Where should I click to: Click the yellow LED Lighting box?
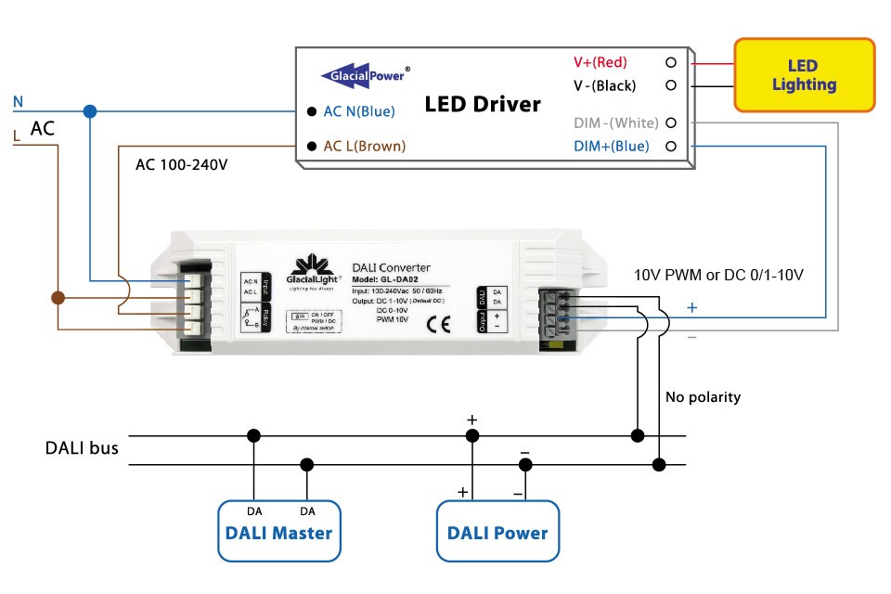point(804,75)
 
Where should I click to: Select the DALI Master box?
point(278,532)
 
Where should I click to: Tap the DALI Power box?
point(497,532)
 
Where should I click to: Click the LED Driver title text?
point(483,104)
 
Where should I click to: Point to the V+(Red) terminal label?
point(600,62)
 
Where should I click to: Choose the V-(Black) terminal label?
point(604,85)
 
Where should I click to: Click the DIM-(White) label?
point(615,123)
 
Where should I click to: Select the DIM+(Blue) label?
point(611,146)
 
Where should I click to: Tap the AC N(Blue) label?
point(358,111)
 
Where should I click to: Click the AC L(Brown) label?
point(364,146)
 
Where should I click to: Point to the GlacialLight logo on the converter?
point(314,270)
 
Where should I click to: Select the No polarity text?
point(703,397)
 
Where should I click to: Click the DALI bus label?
point(82,448)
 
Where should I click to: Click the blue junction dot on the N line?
point(89,111)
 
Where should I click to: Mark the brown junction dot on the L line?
point(58,298)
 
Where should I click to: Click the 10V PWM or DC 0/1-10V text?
point(717,276)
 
